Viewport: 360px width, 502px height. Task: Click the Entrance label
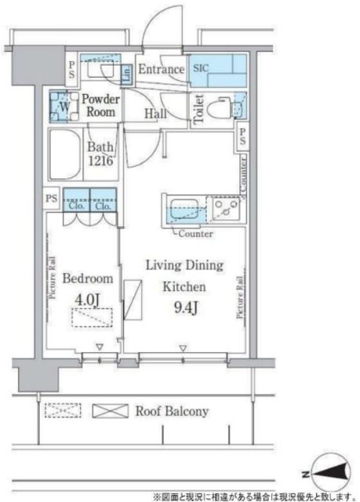click(161, 70)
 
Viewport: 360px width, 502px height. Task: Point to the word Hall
click(155, 114)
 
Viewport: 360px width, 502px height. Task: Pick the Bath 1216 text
click(101, 154)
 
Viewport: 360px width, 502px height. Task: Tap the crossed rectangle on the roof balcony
click(110, 411)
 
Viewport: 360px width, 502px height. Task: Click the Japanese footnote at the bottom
click(254, 496)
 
